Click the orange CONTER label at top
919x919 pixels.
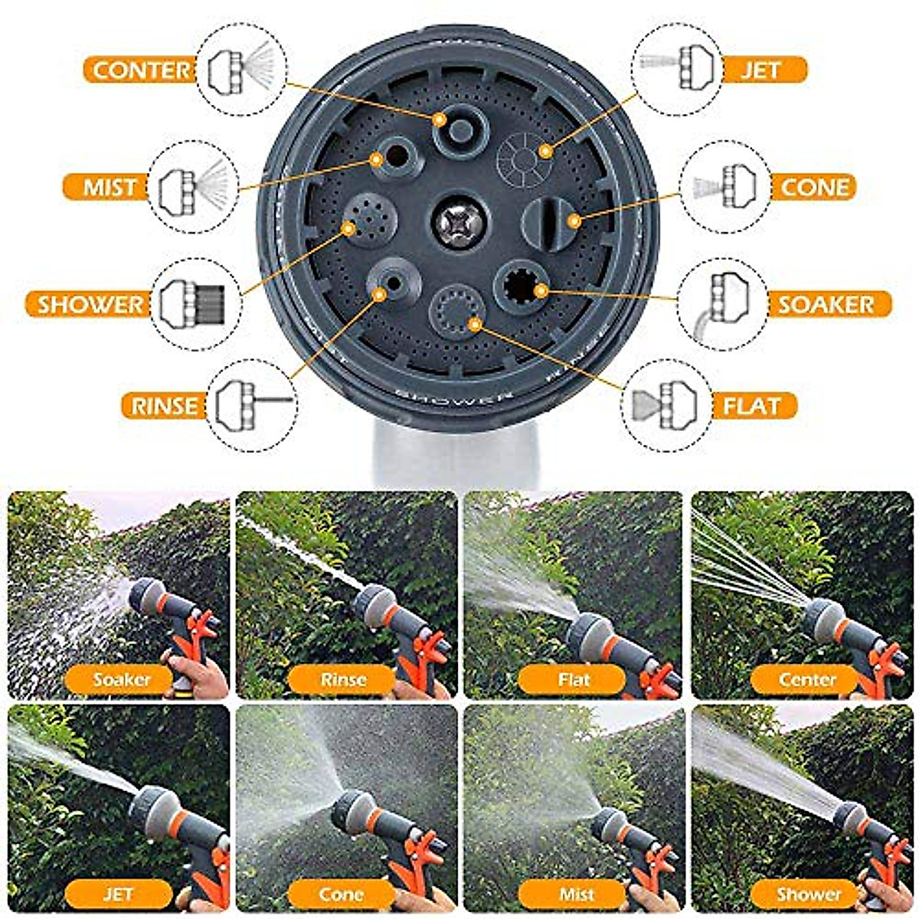tap(142, 70)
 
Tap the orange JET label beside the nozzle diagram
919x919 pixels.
tap(761, 70)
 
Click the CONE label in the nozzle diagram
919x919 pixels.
tap(815, 187)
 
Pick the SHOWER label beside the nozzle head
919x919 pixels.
tap(90, 304)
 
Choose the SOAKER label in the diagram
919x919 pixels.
tap(826, 304)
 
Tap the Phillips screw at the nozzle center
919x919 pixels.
tap(457, 223)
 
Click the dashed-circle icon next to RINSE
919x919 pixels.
tap(253, 404)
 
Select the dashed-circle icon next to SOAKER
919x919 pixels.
tap(722, 304)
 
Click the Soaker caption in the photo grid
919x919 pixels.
tap(121, 679)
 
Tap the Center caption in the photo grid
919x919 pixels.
tap(806, 679)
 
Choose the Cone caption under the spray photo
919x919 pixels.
tap(342, 894)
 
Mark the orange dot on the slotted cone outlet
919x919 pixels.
tap(574, 221)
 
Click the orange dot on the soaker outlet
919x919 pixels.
tap(541, 290)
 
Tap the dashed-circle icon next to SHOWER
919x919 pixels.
tap(196, 304)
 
